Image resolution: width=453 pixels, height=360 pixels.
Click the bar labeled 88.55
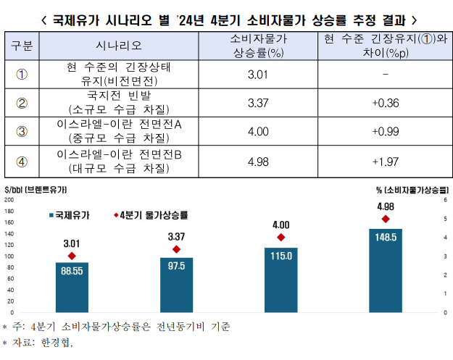72,287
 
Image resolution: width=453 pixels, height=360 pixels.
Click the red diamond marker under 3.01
72,256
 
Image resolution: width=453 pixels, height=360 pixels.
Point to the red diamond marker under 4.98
385,219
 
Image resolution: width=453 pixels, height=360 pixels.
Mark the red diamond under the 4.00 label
280,238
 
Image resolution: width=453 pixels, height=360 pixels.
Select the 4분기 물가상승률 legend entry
151,215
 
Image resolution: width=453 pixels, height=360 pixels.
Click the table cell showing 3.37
259,103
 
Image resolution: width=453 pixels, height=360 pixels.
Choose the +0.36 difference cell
385,103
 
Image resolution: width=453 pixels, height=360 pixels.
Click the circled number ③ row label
22,132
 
